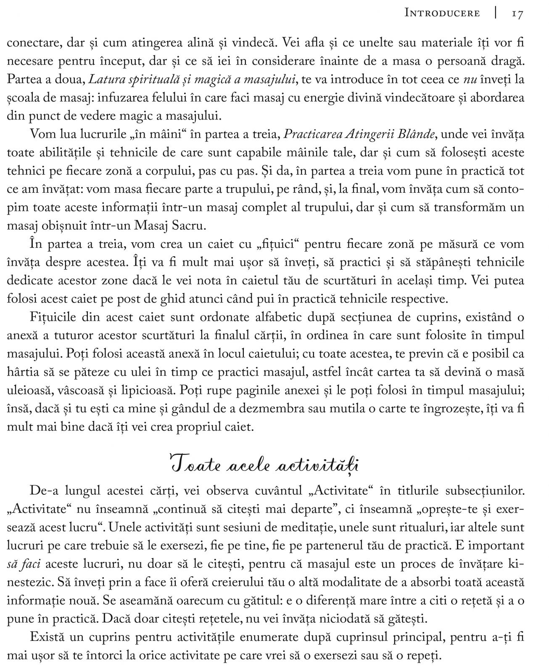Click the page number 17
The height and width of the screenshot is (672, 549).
coord(517,13)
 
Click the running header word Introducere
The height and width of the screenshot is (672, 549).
coord(442,13)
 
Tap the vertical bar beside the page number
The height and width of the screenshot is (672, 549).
coord(496,13)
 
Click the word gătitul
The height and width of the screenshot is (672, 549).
coord(260,601)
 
